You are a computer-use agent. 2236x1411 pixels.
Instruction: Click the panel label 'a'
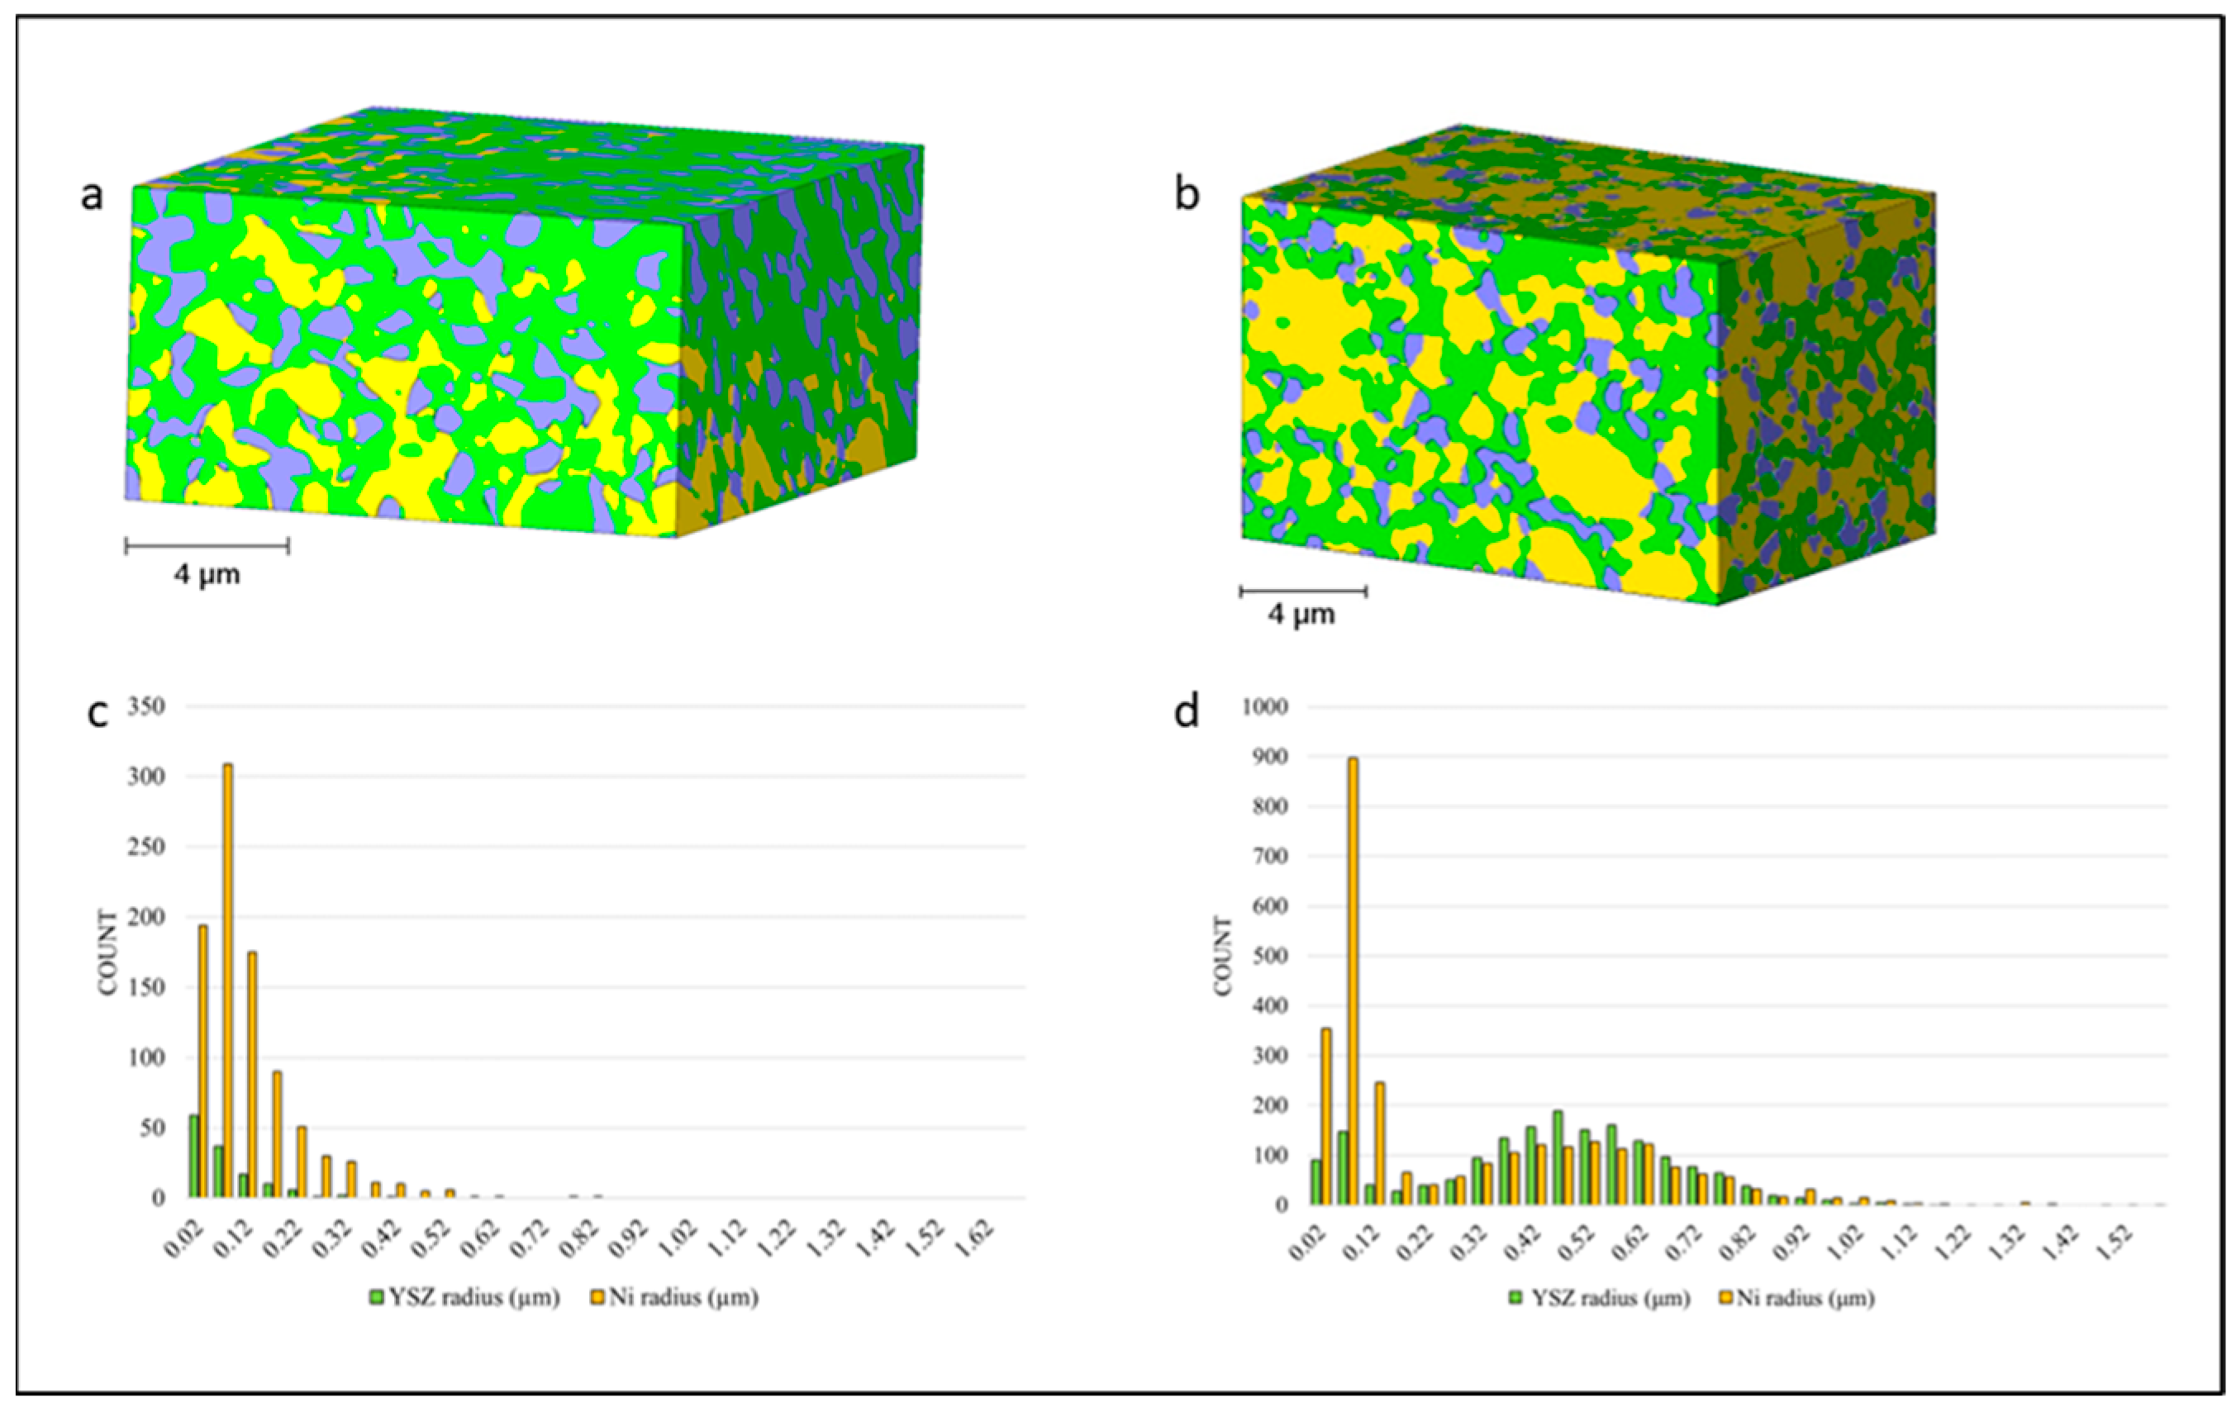tap(91, 196)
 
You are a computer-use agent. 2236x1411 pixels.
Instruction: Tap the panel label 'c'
tap(98, 713)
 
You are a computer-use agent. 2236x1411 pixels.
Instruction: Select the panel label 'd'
tap(1187, 713)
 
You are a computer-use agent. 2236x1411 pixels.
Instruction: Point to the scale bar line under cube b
tap(1303, 590)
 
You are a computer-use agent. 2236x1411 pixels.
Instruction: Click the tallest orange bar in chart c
tap(227, 979)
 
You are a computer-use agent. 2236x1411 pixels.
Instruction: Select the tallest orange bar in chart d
tap(1353, 979)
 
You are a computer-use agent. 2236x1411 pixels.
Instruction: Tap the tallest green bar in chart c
tap(194, 1156)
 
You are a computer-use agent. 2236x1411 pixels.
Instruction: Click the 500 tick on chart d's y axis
tap(1269, 956)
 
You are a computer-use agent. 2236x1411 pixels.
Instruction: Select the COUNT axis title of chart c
tap(108, 953)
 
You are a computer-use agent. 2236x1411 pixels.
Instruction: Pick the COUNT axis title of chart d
tap(1223, 956)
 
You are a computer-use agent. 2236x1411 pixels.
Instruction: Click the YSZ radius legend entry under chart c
tap(464, 1298)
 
